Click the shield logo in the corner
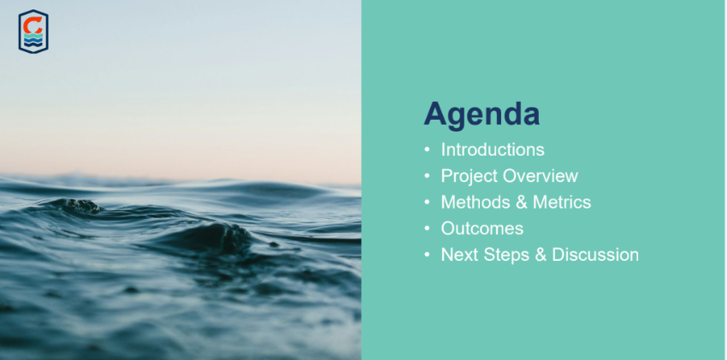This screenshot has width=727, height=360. coord(33,32)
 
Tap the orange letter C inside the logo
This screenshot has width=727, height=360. coord(33,25)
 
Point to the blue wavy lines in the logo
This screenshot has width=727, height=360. coord(33,42)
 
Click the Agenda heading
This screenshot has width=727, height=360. coord(482,115)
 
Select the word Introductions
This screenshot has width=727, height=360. coord(493,150)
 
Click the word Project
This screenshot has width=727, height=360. coord(470,176)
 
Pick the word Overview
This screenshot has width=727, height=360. coord(541,176)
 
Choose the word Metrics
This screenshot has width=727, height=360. coord(562,202)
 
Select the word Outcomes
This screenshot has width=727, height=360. coord(482,228)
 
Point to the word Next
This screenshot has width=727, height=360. coord(459,255)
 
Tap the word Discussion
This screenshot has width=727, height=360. coord(595,255)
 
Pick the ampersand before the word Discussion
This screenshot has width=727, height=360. coord(541,256)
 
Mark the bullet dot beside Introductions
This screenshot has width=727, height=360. coord(427,150)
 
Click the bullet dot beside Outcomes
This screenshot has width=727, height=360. coord(427,228)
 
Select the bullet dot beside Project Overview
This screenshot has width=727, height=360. coord(427,176)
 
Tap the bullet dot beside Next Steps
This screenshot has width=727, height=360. coord(427,255)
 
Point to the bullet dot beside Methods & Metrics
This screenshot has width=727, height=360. coord(427,202)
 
